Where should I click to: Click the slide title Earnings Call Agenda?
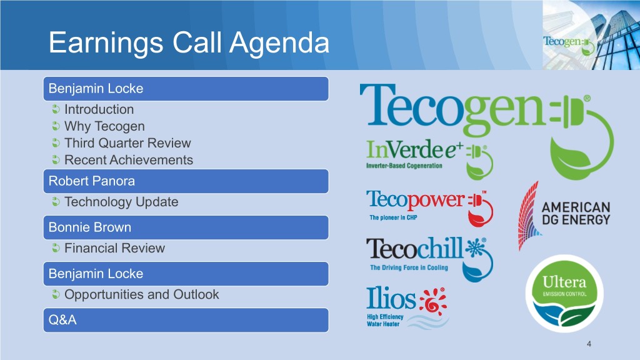[189, 43]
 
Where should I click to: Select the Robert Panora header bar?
[186, 181]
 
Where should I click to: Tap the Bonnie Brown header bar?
[186, 227]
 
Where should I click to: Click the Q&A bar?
[186, 320]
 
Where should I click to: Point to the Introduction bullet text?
[99, 109]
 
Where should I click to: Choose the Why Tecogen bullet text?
[104, 126]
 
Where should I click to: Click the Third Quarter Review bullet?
[127, 143]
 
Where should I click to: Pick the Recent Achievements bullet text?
[129, 160]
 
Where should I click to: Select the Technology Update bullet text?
[121, 202]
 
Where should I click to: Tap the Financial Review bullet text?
[115, 248]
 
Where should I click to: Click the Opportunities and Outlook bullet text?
[142, 294]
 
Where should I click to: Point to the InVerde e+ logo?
[429, 159]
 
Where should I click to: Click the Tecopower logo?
[429, 207]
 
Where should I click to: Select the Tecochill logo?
[429, 259]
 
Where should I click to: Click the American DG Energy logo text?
[576, 214]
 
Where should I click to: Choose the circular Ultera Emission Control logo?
[564, 294]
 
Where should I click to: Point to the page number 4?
[589, 344]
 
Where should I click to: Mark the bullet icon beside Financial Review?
[56, 247]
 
